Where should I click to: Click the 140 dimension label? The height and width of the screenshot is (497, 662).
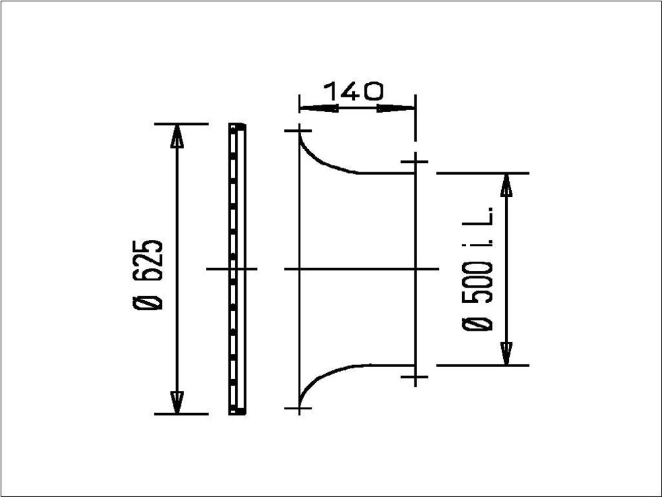[354, 91]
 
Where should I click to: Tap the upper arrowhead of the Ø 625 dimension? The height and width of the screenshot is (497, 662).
[177, 136]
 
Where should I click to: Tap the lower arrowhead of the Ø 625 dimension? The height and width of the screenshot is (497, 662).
[177, 402]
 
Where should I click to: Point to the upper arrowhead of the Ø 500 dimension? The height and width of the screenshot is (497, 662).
[506, 185]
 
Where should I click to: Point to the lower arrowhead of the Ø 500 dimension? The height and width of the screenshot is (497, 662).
[506, 353]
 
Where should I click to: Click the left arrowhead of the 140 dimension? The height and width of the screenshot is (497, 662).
[319, 108]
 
